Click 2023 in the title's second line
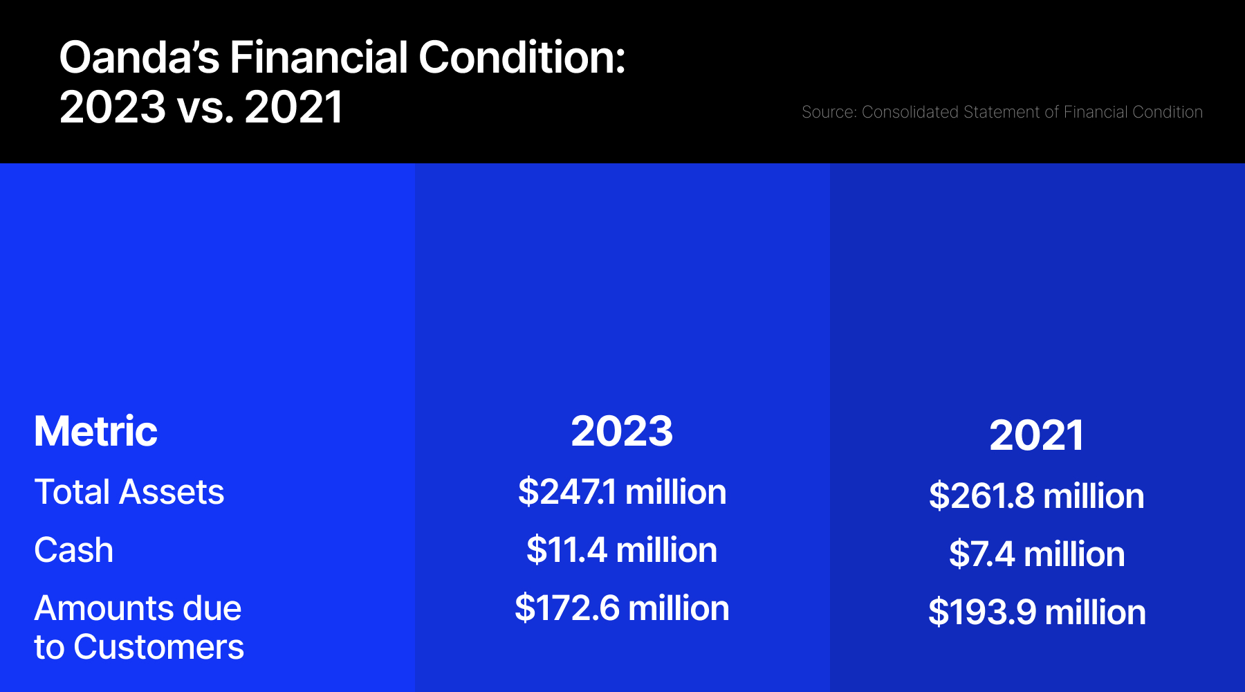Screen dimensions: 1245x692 (x=113, y=107)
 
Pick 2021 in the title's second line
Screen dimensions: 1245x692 (x=293, y=107)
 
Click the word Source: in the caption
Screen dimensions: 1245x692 (x=829, y=112)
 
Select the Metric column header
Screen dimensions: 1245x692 (x=96, y=431)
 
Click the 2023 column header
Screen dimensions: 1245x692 (x=622, y=431)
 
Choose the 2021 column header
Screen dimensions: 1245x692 (x=1036, y=435)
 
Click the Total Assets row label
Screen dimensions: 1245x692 (x=129, y=492)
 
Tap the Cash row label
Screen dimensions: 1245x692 (x=74, y=550)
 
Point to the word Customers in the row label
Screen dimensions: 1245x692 (x=159, y=647)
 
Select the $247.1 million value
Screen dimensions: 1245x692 (x=622, y=492)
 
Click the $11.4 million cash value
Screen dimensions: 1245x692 (x=622, y=550)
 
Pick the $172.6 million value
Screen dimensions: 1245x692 (x=622, y=608)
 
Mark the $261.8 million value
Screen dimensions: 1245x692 (x=1036, y=496)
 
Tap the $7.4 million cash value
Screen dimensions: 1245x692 (x=1037, y=554)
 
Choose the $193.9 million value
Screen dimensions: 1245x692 (x=1037, y=612)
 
